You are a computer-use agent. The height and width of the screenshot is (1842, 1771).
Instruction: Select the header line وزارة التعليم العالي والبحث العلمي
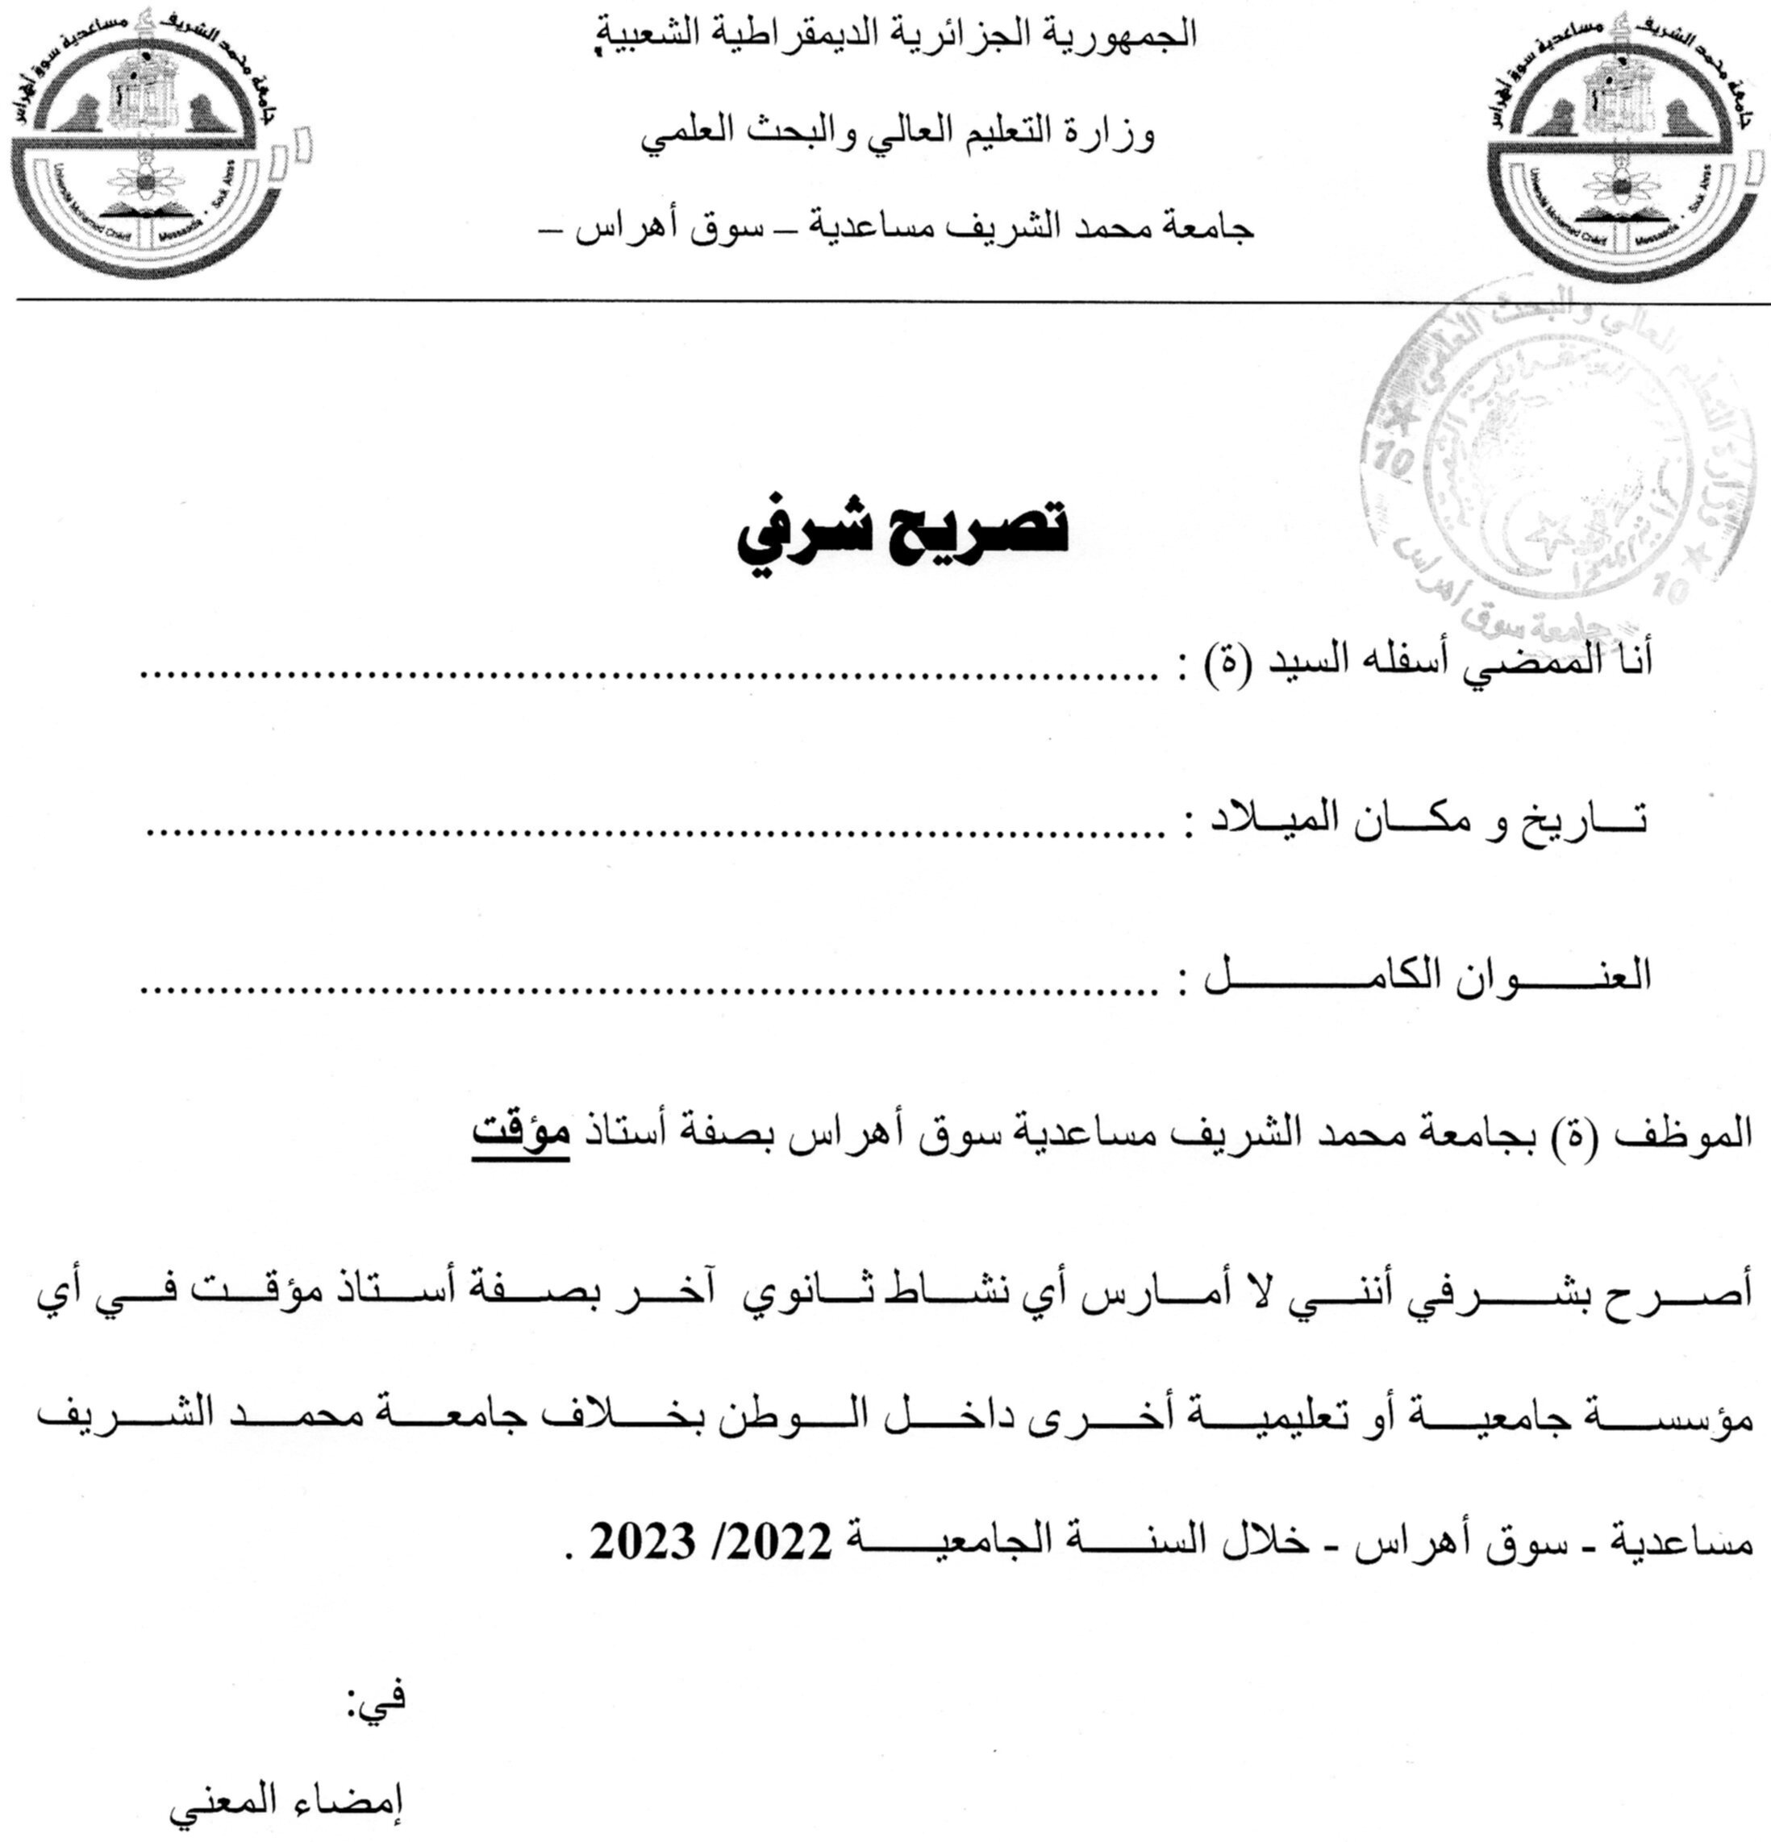[x=884, y=136]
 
